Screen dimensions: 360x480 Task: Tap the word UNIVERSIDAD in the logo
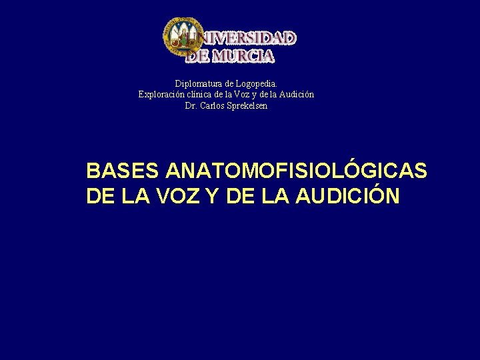click(243, 39)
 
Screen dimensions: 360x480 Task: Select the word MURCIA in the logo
click(243, 56)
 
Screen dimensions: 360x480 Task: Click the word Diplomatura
click(198, 83)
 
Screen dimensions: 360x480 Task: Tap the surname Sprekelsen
click(247, 106)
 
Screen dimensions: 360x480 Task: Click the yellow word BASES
click(123, 171)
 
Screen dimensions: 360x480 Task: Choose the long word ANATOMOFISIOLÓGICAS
click(296, 171)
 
